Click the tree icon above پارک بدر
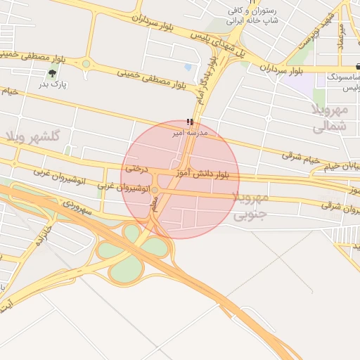(x=53, y=72)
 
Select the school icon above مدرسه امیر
(x=189, y=122)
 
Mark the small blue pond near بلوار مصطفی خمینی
(x=188, y=68)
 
